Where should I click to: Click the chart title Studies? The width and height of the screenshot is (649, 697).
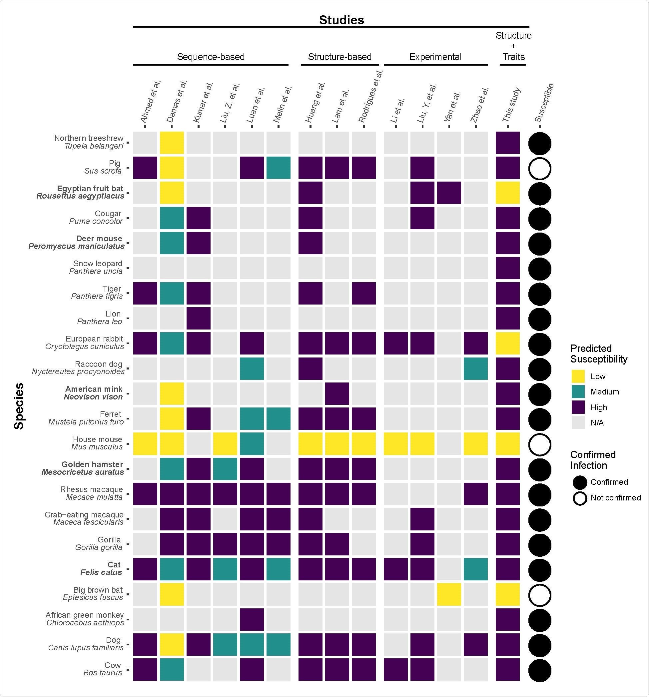click(x=341, y=20)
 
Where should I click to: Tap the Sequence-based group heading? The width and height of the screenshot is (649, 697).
click(x=211, y=57)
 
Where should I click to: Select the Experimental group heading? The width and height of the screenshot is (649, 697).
click(x=435, y=57)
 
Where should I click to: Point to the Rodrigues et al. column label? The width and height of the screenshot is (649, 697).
click(x=370, y=96)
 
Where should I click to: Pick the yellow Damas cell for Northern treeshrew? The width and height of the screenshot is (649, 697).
click(x=172, y=143)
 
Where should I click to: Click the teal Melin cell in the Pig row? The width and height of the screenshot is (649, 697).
click(x=279, y=168)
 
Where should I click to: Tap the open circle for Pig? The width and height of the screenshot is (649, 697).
click(x=540, y=169)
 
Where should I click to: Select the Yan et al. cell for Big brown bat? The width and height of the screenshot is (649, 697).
click(x=449, y=594)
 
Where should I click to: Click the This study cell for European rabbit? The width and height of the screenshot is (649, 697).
click(x=507, y=343)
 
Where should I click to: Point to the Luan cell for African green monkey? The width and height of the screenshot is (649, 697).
click(x=252, y=619)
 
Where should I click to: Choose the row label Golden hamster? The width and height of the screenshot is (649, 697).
click(x=92, y=464)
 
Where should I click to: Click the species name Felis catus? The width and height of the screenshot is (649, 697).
click(x=101, y=572)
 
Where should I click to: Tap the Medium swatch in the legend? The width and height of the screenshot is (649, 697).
click(x=578, y=391)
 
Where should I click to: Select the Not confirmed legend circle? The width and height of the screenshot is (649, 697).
click(x=580, y=498)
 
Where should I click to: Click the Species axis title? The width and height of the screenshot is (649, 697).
click(x=19, y=406)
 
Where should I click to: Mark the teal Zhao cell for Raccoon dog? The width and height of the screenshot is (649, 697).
click(x=475, y=368)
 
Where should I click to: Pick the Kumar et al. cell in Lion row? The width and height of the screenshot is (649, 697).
click(x=199, y=319)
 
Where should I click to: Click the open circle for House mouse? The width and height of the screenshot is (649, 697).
click(x=540, y=444)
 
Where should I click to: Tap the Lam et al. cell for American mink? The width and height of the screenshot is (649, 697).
click(x=337, y=393)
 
